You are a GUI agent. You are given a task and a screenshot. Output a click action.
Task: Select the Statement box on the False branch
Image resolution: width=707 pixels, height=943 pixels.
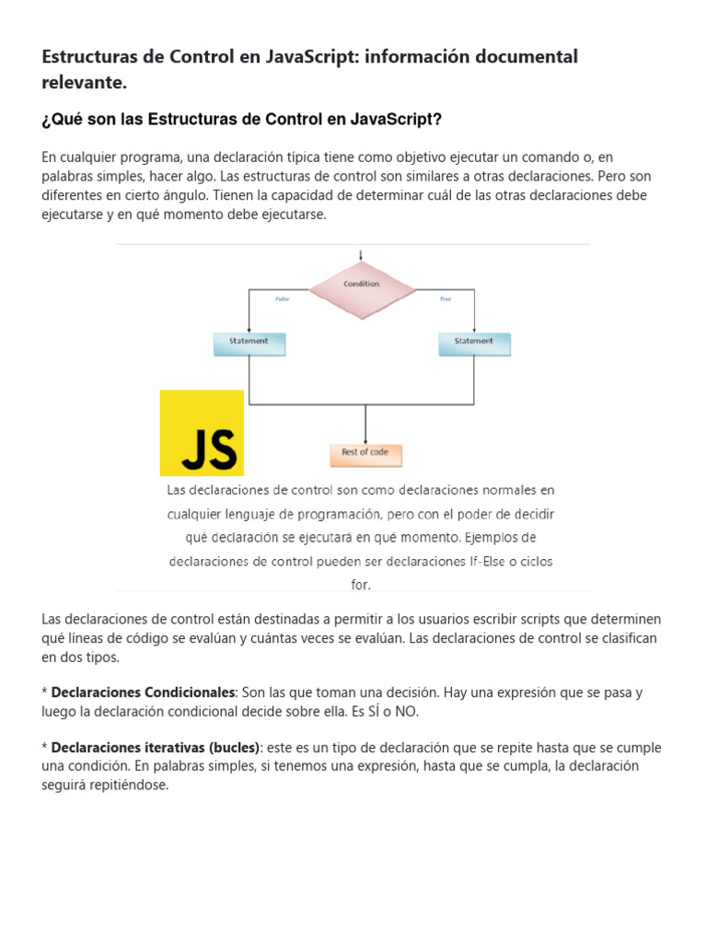249,343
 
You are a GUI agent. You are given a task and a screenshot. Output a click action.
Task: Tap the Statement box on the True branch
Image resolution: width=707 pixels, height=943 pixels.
474,343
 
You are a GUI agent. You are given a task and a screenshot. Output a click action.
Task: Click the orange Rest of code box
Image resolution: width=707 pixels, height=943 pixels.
365,455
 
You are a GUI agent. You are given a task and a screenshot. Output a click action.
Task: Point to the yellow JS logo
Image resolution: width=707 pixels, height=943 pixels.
202,433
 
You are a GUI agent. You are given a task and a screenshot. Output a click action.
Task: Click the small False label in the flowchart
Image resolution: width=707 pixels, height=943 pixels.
283,299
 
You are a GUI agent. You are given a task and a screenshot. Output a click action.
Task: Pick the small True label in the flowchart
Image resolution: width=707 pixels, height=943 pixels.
446,299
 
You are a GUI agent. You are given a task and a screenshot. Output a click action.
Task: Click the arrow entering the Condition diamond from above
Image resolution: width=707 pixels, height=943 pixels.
361,256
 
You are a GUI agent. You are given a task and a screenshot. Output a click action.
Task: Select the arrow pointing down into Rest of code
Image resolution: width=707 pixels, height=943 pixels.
365,428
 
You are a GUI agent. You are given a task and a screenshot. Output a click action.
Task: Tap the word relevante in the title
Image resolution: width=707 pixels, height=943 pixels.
82,84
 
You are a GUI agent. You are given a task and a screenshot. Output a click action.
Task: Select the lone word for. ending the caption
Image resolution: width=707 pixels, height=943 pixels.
360,585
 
